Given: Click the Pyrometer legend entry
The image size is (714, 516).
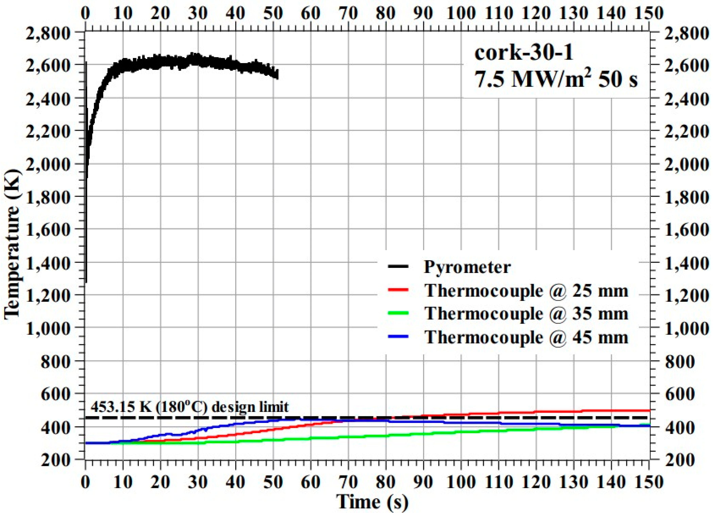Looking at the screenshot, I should coord(467,267).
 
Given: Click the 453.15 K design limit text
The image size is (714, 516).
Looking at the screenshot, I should coord(190,407).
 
